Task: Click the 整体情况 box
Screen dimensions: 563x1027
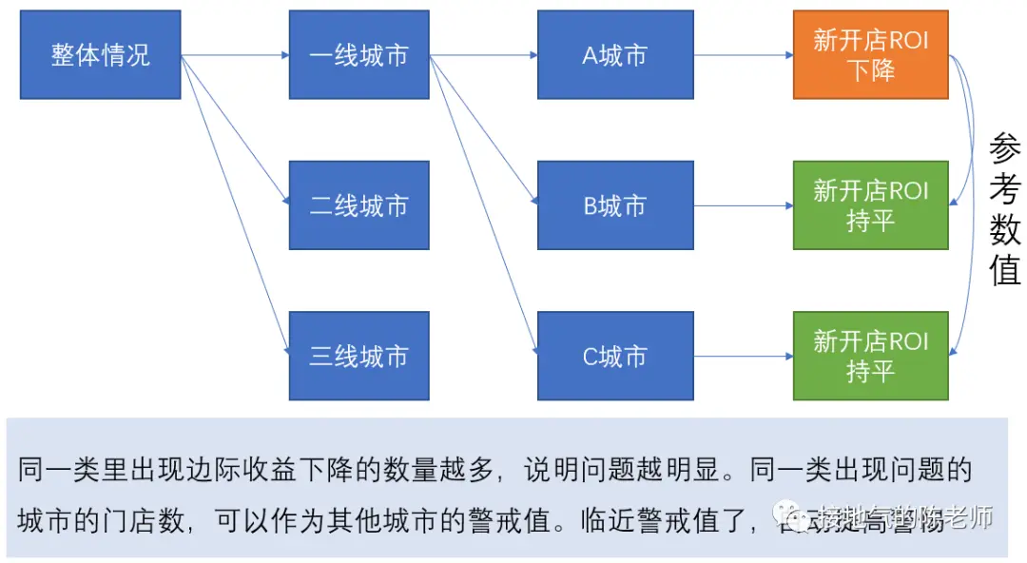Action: click(101, 55)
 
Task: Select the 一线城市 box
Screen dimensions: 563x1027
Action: click(358, 55)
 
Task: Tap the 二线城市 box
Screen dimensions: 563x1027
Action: click(358, 205)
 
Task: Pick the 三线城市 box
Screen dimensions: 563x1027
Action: click(358, 356)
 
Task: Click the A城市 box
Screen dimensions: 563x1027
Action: click(615, 55)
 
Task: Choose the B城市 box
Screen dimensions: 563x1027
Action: click(615, 205)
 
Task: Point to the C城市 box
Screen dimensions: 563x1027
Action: click(615, 356)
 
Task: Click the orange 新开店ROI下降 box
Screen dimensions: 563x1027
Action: click(870, 55)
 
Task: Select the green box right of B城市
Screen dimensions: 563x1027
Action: click(870, 205)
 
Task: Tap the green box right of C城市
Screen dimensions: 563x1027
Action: click(870, 356)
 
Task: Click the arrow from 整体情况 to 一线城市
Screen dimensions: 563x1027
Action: click(235, 55)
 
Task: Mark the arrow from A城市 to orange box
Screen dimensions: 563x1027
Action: click(744, 55)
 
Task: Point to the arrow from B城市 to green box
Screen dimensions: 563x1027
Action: click(744, 205)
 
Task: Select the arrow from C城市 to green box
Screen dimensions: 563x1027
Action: click(744, 356)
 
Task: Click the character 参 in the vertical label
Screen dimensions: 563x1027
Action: click(1004, 149)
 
